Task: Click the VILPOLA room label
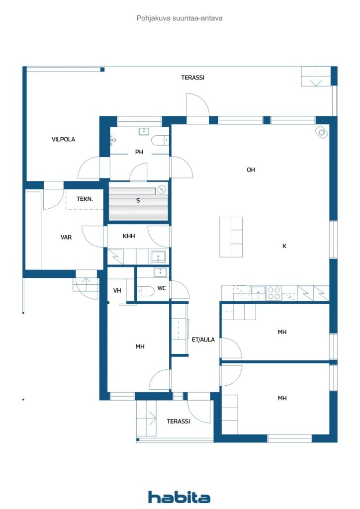pos(63,139)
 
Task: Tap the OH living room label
pos(251,170)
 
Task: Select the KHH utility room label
pos(129,236)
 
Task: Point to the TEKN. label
pos(85,199)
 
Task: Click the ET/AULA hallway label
pos(203,339)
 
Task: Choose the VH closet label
pos(117,290)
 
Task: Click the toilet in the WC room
pos(146,291)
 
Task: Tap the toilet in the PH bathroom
pos(160,140)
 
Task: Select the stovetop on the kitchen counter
pos(274,293)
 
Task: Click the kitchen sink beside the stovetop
pos(259,292)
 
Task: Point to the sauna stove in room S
pos(161,189)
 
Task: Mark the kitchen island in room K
pos(231,237)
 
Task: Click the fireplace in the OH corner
pos(322,132)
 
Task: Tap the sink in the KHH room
pos(158,257)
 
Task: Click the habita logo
pos(179,497)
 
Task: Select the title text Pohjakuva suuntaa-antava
pos(180,18)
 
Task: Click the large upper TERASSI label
pos(193,77)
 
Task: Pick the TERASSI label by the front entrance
pos(178,422)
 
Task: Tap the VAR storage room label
pos(66,237)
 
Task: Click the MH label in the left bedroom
pos(140,346)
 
